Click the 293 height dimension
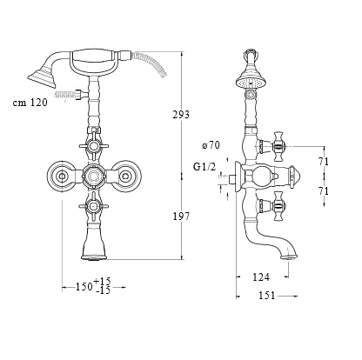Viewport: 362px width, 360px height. pyautogui.click(x=181, y=115)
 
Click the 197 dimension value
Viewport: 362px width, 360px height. pyautogui.click(x=181, y=217)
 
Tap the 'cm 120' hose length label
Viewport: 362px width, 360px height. pyautogui.click(x=30, y=103)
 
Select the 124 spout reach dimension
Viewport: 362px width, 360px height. pyautogui.click(x=261, y=277)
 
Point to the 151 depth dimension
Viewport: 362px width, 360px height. pyautogui.click(x=266, y=296)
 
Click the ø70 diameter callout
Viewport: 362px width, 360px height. pyautogui.click(x=211, y=144)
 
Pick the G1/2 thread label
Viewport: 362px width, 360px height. pyautogui.click(x=204, y=167)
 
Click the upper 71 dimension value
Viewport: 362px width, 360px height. pyautogui.click(x=324, y=162)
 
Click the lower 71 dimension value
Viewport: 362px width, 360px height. pyautogui.click(x=324, y=191)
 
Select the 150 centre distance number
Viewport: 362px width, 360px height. pyautogui.click(x=84, y=287)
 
